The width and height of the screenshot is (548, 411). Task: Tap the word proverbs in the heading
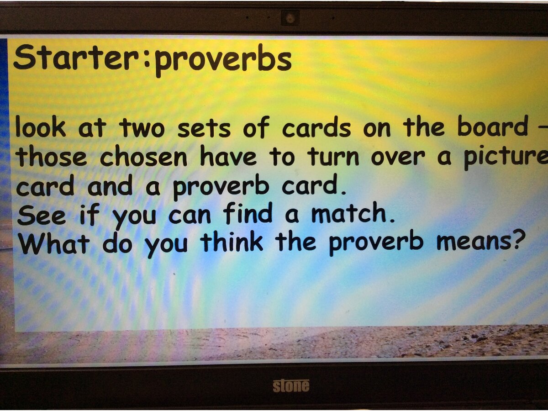(223, 61)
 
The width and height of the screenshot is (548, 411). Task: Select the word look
(41, 128)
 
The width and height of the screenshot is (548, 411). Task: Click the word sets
(204, 129)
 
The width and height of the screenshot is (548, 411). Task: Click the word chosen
(143, 157)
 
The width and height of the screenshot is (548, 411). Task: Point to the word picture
(506, 158)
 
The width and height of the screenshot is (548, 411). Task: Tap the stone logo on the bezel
(291, 386)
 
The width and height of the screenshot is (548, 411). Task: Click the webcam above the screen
(290, 17)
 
